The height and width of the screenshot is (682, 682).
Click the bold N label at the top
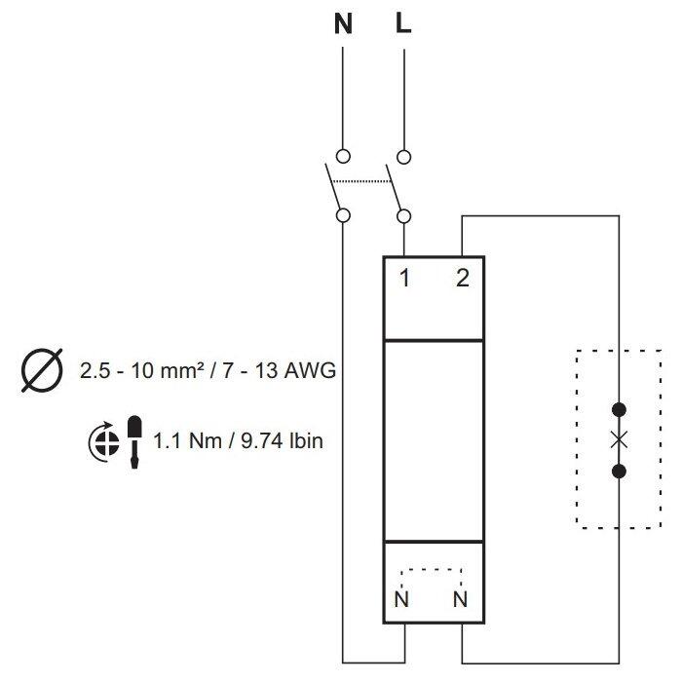(343, 24)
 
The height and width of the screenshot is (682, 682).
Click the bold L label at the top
(403, 23)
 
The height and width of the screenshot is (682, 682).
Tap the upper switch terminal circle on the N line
(343, 156)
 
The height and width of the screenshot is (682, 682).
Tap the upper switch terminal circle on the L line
(404, 157)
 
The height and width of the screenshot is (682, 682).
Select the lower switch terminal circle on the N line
(344, 215)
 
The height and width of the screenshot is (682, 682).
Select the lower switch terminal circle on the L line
(404, 216)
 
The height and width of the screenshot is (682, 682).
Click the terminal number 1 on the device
(404, 279)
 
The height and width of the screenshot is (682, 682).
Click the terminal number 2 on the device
(463, 279)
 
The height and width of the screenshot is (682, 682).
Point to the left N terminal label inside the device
(401, 599)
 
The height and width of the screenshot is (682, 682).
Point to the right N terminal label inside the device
(460, 599)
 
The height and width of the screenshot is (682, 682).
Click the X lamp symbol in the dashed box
(619, 440)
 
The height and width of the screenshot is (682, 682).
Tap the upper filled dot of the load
(619, 410)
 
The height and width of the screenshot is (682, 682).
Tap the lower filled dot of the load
(619, 471)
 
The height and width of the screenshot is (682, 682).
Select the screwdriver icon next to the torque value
(134, 442)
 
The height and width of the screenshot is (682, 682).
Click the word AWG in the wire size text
(310, 370)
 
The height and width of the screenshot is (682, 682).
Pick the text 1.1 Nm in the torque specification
(188, 441)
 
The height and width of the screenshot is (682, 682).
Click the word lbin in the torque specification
(306, 441)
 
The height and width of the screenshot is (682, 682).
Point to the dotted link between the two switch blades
(360, 181)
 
